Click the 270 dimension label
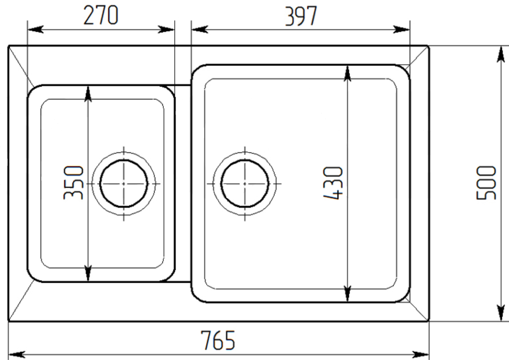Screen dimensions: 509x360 [101, 15]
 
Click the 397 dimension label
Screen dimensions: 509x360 [301, 16]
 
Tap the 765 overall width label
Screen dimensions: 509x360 [218, 340]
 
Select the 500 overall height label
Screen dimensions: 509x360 [486, 183]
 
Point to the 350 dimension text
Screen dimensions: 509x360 [73, 183]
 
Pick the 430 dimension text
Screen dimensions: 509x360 [333, 183]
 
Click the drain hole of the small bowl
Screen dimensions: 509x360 [124, 183]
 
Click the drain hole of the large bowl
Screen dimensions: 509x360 [245, 183]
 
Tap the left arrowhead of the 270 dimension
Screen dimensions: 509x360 [36, 30]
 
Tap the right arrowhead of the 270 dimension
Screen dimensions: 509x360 [166, 30]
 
